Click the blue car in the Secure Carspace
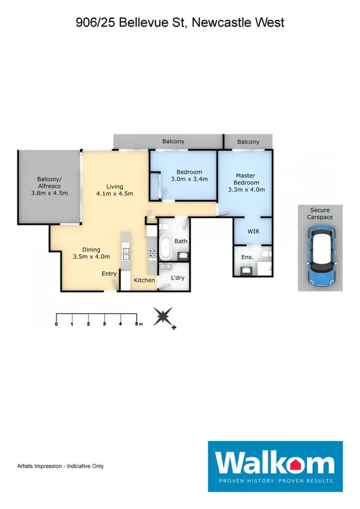click(x=320, y=255)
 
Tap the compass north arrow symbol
click(x=165, y=318)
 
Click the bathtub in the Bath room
click(x=166, y=246)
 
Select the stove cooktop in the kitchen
click(x=153, y=253)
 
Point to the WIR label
click(x=253, y=231)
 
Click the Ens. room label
click(x=247, y=257)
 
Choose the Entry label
click(x=109, y=274)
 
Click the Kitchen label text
click(x=144, y=280)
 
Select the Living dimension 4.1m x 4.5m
click(x=115, y=194)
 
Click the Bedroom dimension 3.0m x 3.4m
click(x=189, y=179)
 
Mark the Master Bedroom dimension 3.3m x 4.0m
click(x=247, y=189)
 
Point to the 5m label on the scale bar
click(x=138, y=324)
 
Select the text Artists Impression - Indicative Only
click(x=60, y=466)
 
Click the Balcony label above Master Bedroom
click(x=248, y=142)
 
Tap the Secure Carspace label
click(x=320, y=214)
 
